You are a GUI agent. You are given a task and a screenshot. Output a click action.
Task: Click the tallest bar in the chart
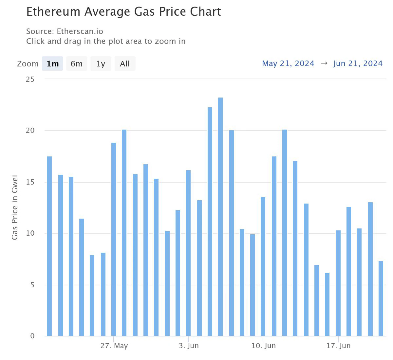[220, 216]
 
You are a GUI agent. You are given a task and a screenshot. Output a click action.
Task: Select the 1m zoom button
[52, 63]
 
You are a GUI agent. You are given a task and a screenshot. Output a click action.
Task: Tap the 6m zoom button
[77, 63]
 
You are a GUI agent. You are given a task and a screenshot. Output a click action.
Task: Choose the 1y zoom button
[101, 63]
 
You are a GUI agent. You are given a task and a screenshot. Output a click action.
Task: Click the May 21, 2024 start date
[288, 63]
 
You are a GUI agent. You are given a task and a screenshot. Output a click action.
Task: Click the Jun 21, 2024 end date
[358, 63]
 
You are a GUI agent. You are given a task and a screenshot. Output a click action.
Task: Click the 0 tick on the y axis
[32, 336]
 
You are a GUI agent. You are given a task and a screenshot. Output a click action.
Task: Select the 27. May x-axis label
[114, 346]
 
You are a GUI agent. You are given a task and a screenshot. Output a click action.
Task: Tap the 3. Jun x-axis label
[189, 346]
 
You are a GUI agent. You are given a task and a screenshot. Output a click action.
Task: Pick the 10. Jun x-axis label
[263, 346]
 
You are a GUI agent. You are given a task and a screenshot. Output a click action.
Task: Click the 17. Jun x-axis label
[338, 346]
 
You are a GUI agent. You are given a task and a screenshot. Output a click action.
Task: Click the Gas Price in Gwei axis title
[15, 207]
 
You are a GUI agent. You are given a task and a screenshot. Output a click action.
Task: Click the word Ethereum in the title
[53, 12]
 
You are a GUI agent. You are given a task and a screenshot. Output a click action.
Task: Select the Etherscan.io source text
[80, 31]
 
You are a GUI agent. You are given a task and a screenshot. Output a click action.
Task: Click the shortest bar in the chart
[327, 304]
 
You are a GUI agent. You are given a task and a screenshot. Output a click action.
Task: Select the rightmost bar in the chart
[381, 298]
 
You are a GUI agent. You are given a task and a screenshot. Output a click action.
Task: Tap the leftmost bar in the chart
[49, 246]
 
